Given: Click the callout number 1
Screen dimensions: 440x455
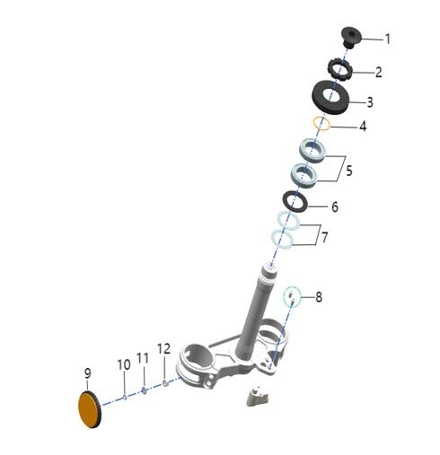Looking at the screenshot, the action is (x=388, y=39).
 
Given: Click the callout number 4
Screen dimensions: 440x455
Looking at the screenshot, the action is (x=363, y=127).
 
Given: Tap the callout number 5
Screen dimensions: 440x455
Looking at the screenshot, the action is (x=349, y=171).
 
